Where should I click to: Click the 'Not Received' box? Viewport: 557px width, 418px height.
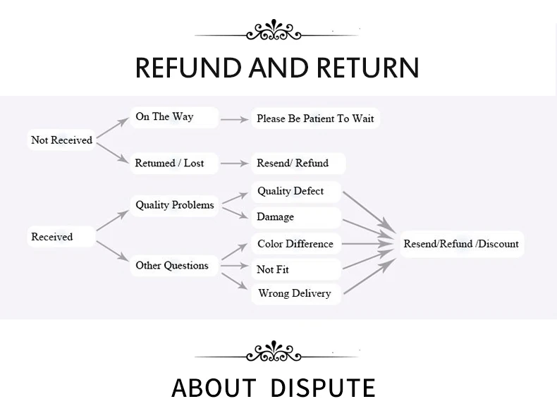coord(62,140)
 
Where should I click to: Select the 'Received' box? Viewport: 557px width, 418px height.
coord(52,237)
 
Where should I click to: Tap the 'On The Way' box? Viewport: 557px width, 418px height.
coord(165,117)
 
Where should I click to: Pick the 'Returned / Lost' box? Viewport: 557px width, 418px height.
coord(169,164)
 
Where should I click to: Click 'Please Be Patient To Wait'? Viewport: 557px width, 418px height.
coord(315,118)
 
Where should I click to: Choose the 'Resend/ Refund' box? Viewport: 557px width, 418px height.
coord(293,164)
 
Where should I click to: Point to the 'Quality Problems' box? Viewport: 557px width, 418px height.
coord(175,205)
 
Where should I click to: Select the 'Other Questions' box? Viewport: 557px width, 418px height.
coord(172,266)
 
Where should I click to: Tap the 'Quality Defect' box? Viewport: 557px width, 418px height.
coord(290,191)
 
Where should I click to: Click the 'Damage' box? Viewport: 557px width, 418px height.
coord(276,217)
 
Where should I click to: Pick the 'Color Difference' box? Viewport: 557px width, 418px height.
coord(295,244)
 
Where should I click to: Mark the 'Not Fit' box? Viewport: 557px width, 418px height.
coord(274,269)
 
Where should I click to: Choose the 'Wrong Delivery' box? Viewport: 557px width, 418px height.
coord(295,293)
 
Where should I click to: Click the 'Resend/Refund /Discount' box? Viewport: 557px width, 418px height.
coord(461,244)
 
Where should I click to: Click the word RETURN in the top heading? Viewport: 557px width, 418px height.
coord(368,68)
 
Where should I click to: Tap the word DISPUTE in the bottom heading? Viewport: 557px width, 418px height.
coord(323,388)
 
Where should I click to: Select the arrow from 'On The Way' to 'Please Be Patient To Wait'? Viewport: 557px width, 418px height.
coord(235,120)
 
